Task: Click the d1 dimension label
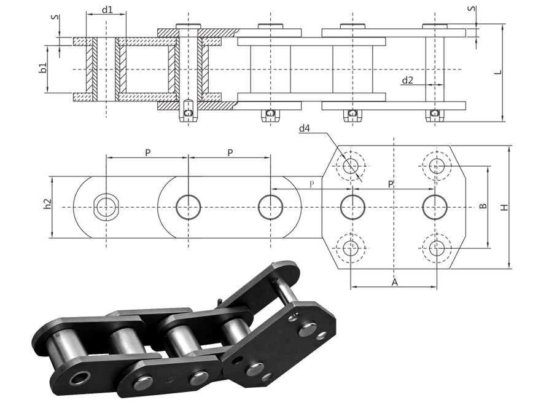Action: pyautogui.click(x=106, y=9)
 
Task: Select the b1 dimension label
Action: pyautogui.click(x=43, y=68)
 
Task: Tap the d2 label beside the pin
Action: pyautogui.click(x=408, y=80)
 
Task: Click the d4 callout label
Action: pyautogui.click(x=305, y=128)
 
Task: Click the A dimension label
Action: pyautogui.click(x=394, y=282)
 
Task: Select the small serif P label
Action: pyautogui.click(x=311, y=184)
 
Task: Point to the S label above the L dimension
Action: pyautogui.click(x=471, y=9)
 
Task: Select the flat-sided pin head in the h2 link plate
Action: pyautogui.click(x=106, y=207)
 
